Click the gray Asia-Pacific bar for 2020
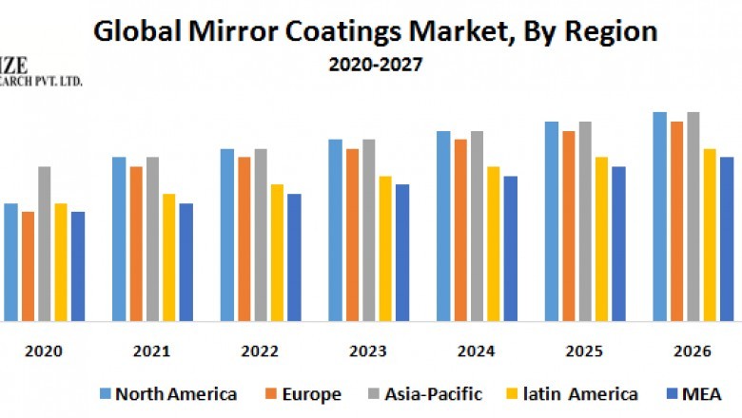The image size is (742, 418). click(x=45, y=243)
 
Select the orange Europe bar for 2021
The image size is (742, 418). click(x=136, y=243)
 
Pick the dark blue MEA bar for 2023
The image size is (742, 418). click(x=402, y=252)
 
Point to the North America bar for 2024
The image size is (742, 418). click(x=443, y=225)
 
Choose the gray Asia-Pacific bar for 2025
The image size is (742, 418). click(x=585, y=220)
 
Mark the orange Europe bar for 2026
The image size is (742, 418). click(x=676, y=220)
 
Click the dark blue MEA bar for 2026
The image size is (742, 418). click(x=727, y=238)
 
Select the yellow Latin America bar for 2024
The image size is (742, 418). click(x=494, y=243)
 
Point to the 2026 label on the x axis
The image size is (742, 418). click(x=692, y=351)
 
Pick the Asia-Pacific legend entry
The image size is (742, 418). click(x=424, y=393)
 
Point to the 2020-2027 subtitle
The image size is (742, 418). click(x=371, y=66)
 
